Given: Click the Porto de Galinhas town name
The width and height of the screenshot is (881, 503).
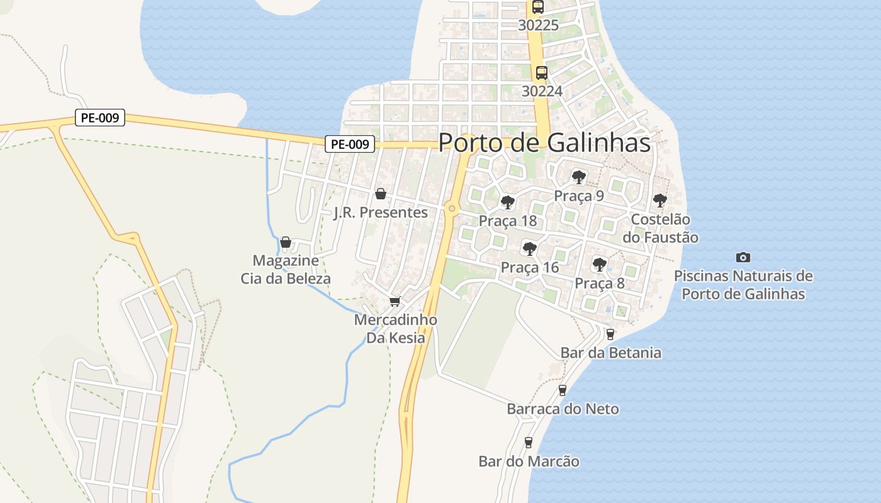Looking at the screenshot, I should (x=544, y=143).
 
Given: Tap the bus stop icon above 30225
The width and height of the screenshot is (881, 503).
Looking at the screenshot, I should (x=537, y=7).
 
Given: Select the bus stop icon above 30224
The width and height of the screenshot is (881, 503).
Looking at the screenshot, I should (x=541, y=73).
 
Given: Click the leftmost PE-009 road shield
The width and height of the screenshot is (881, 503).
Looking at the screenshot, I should (x=100, y=118).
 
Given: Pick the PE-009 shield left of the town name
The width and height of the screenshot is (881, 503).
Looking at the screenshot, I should (x=350, y=144).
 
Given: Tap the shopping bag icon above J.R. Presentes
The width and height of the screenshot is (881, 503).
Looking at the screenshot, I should (x=380, y=194).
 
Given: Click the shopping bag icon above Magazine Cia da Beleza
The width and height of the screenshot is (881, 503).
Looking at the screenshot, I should (x=286, y=242).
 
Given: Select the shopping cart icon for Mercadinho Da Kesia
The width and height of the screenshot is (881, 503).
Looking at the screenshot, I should (x=395, y=302).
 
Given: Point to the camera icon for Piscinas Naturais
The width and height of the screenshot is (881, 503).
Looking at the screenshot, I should (x=743, y=257).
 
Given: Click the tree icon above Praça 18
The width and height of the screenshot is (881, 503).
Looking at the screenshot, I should (x=507, y=202).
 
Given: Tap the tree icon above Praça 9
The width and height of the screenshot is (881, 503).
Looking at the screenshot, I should (x=578, y=177).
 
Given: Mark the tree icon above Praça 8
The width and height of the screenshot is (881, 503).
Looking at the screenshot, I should (x=600, y=264).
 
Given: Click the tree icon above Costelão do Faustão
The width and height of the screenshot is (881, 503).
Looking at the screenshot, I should (x=659, y=201).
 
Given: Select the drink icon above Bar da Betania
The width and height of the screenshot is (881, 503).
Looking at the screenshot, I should (x=609, y=334).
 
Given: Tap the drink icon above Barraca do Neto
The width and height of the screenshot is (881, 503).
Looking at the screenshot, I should (x=563, y=390).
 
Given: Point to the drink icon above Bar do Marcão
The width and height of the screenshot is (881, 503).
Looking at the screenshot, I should (x=528, y=443).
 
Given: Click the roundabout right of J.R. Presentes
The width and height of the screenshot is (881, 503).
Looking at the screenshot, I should (x=451, y=208).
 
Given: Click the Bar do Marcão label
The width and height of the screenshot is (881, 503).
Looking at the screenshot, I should (x=529, y=462).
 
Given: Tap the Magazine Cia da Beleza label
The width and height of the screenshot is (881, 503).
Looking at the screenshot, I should (x=286, y=269).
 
